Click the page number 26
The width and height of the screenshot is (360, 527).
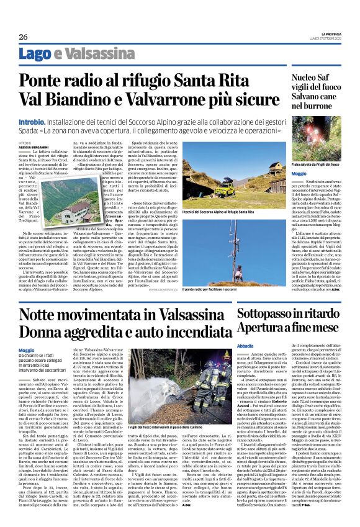[22, 37]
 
